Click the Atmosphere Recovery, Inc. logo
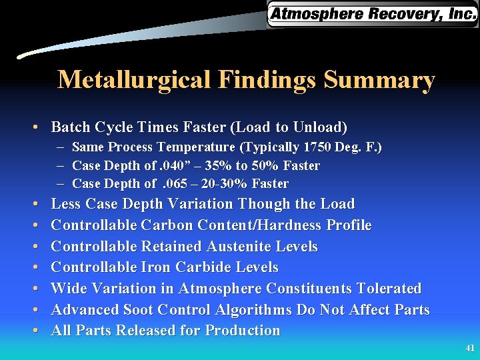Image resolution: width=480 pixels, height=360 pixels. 372,14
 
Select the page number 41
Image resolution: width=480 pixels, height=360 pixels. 470,348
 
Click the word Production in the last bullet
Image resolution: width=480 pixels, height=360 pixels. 243,331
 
